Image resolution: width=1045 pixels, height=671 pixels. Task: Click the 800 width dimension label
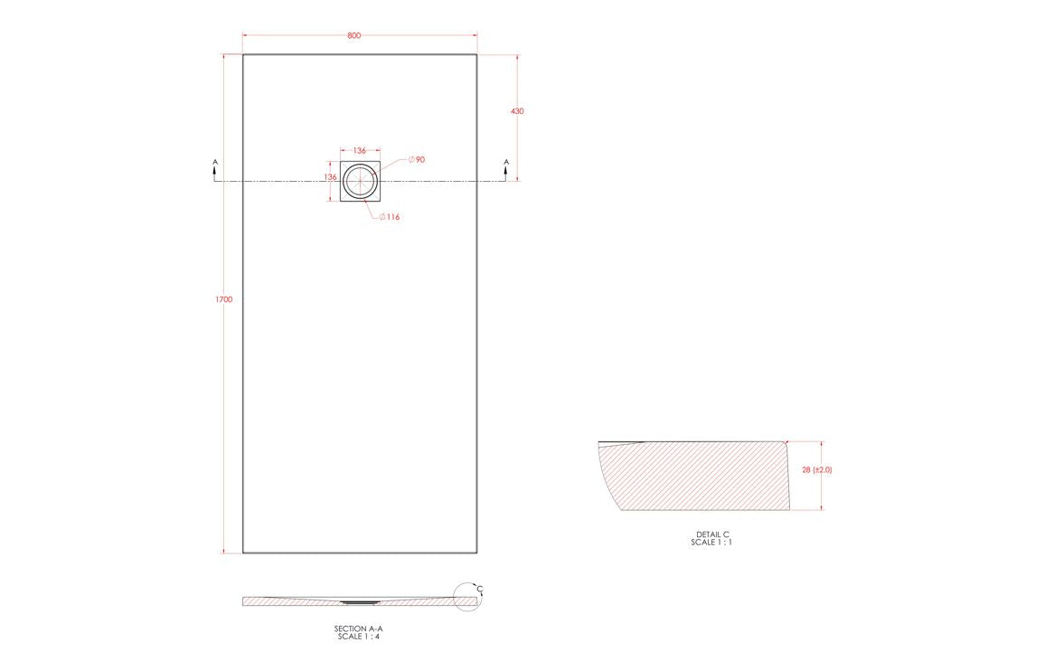353,35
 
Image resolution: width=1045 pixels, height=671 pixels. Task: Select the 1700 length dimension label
224,299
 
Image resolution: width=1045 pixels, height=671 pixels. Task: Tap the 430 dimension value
517,111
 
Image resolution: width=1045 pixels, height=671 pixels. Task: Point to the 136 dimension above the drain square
359,150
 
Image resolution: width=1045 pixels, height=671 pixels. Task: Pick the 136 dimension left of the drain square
330,177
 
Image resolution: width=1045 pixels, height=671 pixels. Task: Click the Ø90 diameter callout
417,160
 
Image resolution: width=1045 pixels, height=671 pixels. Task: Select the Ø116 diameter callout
390,217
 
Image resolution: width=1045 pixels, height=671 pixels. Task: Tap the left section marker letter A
214,163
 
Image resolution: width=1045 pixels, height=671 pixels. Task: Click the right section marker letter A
506,163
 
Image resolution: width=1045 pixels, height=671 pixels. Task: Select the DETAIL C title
712,534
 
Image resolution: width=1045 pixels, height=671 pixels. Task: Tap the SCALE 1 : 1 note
712,543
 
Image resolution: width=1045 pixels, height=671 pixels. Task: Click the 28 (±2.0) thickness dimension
816,470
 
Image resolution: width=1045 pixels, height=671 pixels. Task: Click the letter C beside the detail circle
481,590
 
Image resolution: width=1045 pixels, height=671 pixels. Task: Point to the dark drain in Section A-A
361,599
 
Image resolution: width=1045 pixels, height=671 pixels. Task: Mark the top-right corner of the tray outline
477,55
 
